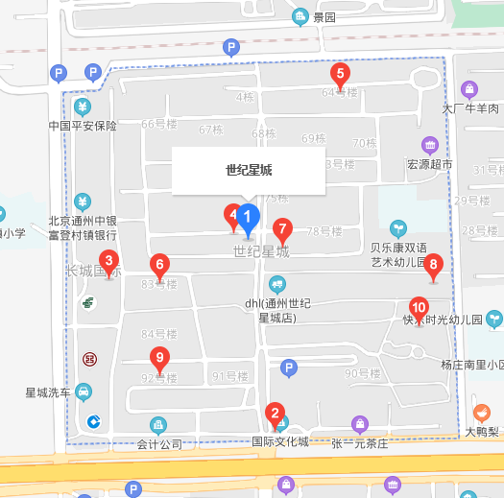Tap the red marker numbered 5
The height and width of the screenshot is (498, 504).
(339, 73)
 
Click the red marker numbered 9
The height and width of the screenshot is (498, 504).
(161, 359)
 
